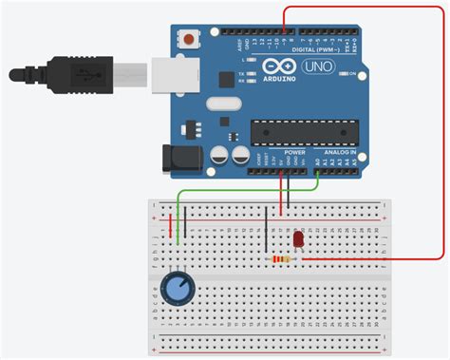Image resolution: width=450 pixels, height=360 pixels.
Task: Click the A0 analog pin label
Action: click(317, 162)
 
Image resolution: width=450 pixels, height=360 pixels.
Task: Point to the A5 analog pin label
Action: click(355, 162)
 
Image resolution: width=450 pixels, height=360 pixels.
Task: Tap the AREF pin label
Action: click(225, 42)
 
